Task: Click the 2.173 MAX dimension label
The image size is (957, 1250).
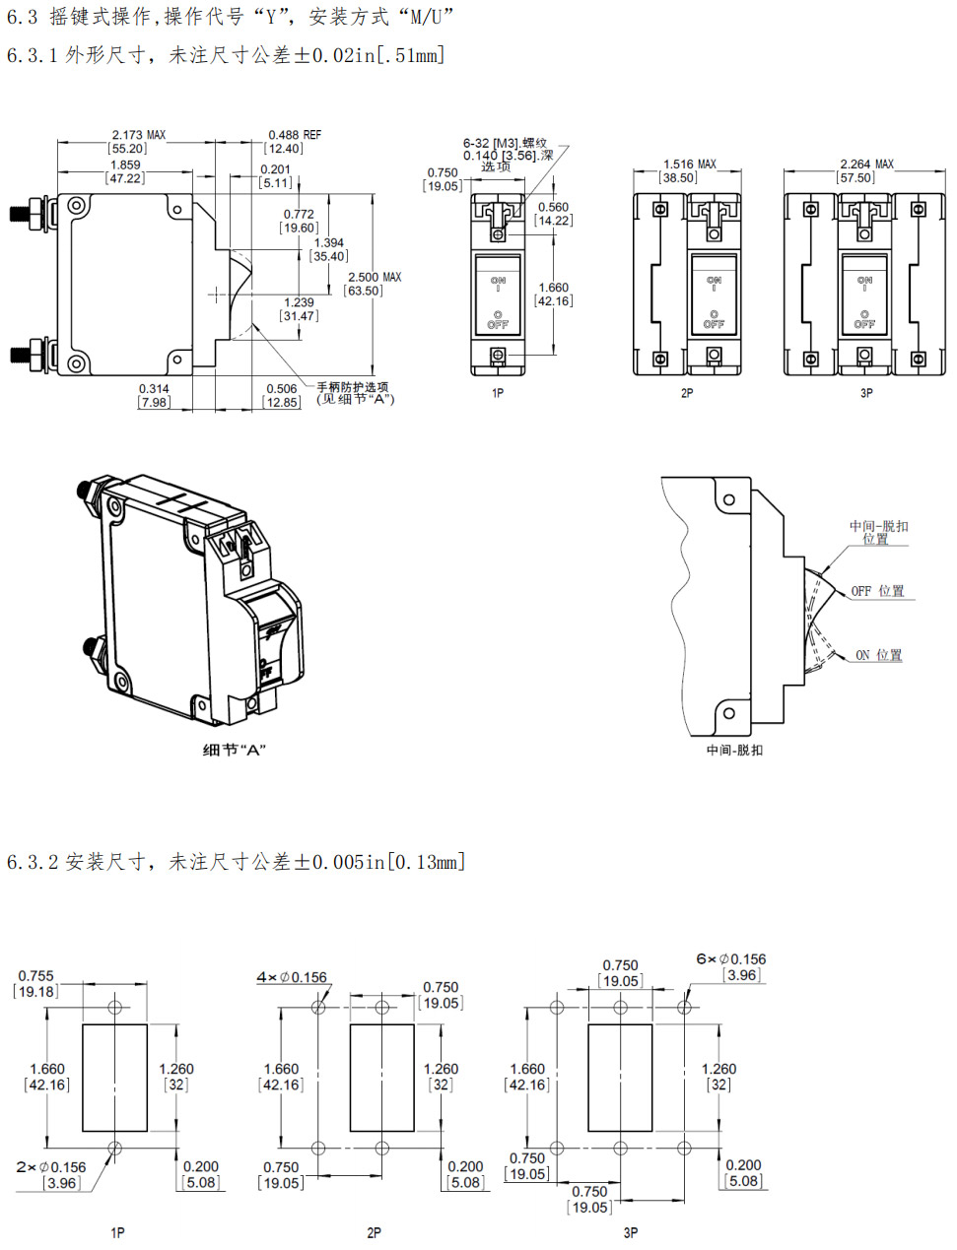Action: [138, 135]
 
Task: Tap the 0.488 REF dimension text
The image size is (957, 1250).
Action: [295, 135]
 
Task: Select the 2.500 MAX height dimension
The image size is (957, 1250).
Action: [375, 278]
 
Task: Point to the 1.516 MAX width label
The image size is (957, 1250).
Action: [689, 164]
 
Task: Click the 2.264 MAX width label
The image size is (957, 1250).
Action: [866, 164]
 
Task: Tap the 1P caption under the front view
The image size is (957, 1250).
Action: [498, 393]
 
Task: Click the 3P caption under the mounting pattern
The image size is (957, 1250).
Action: [631, 1232]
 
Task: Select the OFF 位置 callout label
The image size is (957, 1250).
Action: [877, 591]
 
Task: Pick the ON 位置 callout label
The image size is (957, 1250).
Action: [878, 655]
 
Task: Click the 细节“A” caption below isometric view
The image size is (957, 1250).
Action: [235, 751]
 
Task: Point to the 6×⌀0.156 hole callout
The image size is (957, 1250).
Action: [730, 959]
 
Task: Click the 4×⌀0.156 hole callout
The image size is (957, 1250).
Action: [292, 977]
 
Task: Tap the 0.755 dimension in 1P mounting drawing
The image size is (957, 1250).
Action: [36, 976]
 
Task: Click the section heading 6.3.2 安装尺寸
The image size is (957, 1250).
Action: [236, 862]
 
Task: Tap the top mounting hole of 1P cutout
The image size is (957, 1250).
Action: [115, 1007]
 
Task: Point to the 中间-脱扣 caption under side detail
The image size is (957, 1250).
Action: [734, 751]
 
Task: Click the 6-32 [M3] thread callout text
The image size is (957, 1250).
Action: [505, 144]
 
